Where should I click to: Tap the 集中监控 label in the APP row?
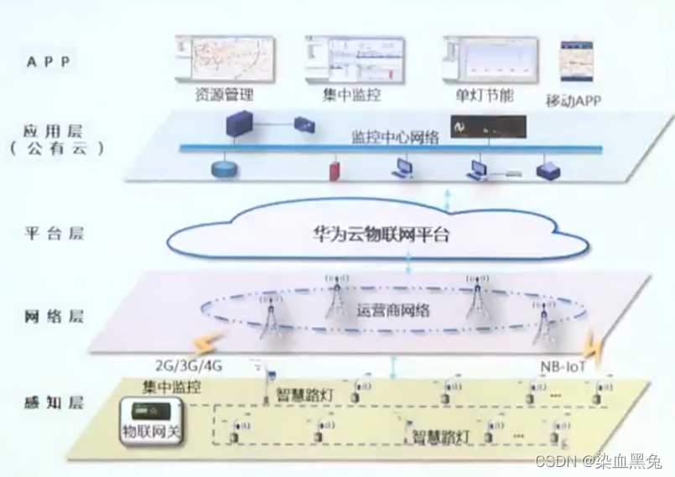click(x=351, y=95)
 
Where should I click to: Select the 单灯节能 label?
click(x=484, y=95)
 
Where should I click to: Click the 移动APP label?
click(x=573, y=100)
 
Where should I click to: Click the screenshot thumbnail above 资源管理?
click(x=224, y=59)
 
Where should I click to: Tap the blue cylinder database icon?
click(x=224, y=169)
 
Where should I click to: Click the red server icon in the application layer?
click(x=334, y=170)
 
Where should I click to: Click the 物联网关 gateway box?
click(x=151, y=422)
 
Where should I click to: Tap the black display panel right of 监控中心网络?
click(x=489, y=127)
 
